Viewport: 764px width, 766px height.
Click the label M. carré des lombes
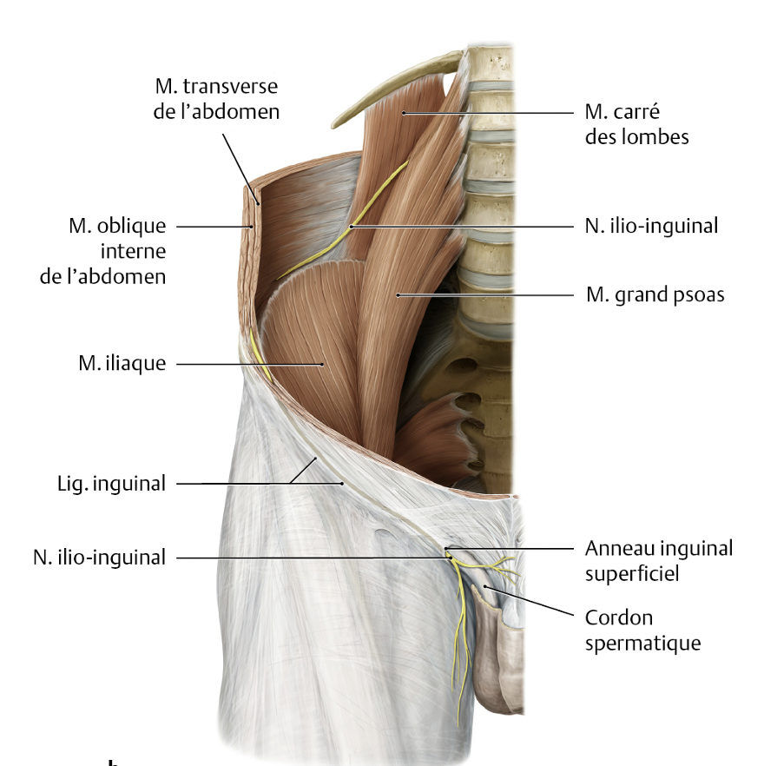[x=636, y=124]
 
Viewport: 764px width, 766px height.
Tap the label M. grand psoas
[x=655, y=295]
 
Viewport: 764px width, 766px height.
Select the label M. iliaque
[x=122, y=364]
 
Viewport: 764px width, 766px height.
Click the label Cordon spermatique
[x=642, y=631]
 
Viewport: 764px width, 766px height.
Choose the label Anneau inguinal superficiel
[x=658, y=560]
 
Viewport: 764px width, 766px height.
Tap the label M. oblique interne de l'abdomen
[x=118, y=251]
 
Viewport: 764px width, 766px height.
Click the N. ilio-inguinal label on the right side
[x=651, y=226]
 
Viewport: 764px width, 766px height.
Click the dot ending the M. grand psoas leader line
[x=398, y=295]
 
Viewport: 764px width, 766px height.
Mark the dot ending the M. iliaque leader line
[x=322, y=364]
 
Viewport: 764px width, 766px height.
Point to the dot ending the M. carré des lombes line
[x=404, y=113]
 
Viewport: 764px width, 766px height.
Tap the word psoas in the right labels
[x=699, y=295]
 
